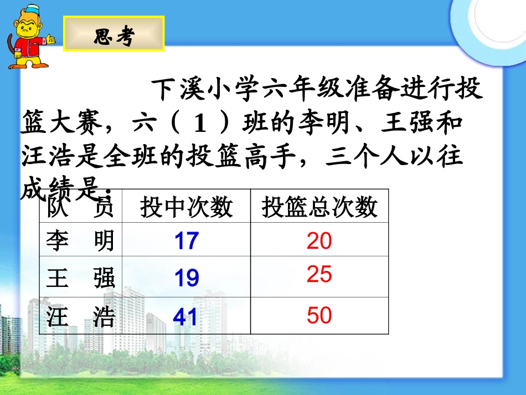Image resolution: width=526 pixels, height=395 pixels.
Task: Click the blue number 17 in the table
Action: click(186, 241)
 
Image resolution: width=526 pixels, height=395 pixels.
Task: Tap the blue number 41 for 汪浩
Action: click(185, 316)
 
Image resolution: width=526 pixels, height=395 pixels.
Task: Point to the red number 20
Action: click(319, 241)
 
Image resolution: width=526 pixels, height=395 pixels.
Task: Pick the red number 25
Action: click(319, 274)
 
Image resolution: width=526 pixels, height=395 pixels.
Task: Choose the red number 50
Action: click(319, 316)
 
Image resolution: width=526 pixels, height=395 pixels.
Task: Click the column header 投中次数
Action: click(186, 208)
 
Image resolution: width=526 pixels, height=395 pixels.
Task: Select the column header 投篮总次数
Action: click(319, 208)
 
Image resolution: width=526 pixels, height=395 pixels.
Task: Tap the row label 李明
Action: click(80, 241)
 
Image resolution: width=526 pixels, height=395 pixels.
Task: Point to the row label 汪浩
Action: click(80, 317)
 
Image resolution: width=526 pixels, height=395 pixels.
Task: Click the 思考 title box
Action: click(114, 34)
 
